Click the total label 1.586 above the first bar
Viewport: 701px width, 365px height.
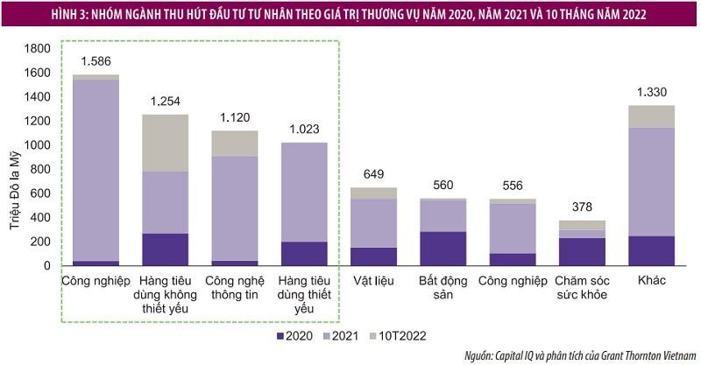[x=96, y=61]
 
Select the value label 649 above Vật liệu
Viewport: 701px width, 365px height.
[x=372, y=174]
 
